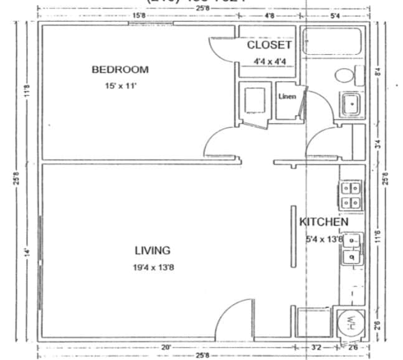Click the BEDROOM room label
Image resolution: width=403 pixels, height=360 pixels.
pos(120,69)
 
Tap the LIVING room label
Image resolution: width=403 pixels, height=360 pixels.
pos(153,250)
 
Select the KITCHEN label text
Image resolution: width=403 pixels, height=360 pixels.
pos(323,222)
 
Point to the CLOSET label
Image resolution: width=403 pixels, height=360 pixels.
pos(269,45)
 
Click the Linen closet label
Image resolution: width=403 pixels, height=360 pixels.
pos(287,96)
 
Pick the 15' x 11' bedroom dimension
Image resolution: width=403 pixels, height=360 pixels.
pos(120,86)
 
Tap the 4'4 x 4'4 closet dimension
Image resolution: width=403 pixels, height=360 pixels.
pos(269,61)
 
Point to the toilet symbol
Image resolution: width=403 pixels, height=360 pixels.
pos(348,75)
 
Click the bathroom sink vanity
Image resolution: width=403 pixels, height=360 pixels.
pos(351,105)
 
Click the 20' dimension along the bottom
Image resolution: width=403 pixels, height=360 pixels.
pos(165,347)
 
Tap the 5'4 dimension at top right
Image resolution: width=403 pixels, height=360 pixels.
pos(334,15)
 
